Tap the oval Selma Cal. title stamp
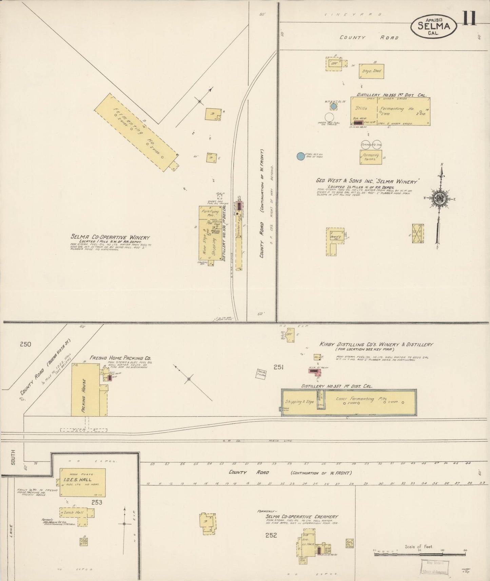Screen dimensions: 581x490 433,26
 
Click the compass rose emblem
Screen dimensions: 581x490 439,199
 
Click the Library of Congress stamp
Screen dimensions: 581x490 435,567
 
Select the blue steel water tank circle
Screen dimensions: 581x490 300,156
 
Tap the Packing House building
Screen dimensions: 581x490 85,390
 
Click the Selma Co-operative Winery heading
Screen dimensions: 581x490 110,238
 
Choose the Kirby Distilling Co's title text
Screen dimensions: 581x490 376,344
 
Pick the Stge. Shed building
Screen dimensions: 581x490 372,71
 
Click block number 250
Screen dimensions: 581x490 25,344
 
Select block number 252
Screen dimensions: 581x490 271,535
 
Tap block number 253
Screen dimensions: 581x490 97,502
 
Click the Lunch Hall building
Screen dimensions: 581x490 77,513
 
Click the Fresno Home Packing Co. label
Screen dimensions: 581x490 120,358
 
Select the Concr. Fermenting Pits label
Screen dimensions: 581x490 359,399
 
